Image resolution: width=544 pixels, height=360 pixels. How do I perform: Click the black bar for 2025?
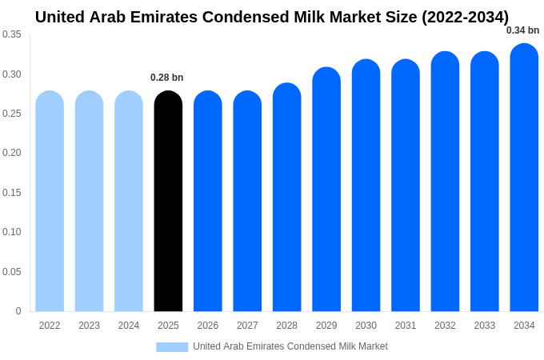(x=168, y=202)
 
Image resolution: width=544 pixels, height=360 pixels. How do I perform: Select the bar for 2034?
(x=524, y=178)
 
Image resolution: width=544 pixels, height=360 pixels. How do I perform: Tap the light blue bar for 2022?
(x=50, y=202)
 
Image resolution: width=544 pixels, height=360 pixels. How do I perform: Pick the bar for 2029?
(x=326, y=190)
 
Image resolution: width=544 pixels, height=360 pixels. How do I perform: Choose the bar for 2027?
(x=247, y=202)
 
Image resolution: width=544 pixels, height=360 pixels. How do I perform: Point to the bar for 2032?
(x=445, y=182)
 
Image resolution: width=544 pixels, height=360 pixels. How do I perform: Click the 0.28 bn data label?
(x=167, y=78)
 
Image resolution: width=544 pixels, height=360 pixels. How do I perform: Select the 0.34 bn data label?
(x=522, y=30)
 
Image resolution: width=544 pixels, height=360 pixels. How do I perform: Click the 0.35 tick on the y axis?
(x=12, y=34)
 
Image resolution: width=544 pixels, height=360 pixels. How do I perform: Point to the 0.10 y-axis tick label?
(x=12, y=232)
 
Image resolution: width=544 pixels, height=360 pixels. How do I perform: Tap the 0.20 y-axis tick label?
(x=12, y=153)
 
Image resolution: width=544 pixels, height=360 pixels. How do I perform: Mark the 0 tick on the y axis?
(x=18, y=311)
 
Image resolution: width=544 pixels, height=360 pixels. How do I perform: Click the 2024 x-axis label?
(x=129, y=326)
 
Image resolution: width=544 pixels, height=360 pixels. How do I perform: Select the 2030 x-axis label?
(x=366, y=326)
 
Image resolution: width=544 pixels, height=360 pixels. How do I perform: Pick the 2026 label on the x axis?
(x=208, y=326)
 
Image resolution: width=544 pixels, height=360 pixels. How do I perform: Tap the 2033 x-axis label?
(x=484, y=326)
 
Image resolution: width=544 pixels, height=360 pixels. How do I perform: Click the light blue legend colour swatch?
(x=172, y=347)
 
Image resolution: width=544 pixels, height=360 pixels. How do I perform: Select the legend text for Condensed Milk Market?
(x=290, y=346)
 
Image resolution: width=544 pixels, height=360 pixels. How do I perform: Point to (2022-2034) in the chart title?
(x=465, y=17)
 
